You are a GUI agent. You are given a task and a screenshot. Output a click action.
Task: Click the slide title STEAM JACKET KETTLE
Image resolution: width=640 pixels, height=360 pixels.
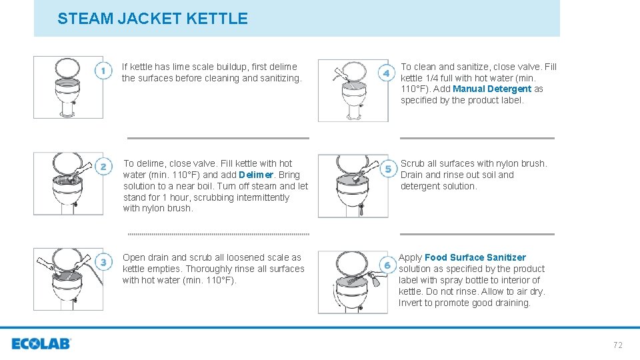[x=152, y=19]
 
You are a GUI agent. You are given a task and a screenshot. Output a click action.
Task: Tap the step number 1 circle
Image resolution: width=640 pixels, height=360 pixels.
[x=103, y=71]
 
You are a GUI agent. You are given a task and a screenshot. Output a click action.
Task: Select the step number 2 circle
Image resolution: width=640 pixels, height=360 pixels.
[x=103, y=167]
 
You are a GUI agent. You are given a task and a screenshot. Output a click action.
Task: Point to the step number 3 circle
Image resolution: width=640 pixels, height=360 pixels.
[x=103, y=262]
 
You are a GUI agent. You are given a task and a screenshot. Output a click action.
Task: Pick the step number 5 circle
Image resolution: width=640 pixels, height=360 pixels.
[x=388, y=169]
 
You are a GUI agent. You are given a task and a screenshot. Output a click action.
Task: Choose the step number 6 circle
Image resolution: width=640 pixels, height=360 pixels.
[x=387, y=265]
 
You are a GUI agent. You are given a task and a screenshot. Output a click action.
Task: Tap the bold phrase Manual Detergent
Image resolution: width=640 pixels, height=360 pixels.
[x=492, y=89]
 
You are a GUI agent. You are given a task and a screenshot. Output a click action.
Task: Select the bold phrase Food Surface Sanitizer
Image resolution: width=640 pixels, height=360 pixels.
[x=475, y=257]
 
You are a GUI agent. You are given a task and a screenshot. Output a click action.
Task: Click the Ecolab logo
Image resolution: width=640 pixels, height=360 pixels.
[x=41, y=344]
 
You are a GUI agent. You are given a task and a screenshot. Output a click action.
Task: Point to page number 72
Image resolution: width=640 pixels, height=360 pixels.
[x=617, y=345]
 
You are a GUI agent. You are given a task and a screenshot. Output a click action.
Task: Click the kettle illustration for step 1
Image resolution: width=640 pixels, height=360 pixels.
[x=68, y=87]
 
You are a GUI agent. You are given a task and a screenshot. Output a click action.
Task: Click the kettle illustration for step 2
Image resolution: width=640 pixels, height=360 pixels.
[x=68, y=183]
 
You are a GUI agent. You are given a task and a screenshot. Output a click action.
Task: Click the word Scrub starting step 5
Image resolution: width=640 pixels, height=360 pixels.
[x=413, y=163]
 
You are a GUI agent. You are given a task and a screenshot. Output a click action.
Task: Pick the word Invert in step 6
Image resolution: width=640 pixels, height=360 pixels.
[x=411, y=303]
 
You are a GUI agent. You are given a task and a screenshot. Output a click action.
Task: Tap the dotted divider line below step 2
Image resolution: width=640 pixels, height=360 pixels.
[x=218, y=234]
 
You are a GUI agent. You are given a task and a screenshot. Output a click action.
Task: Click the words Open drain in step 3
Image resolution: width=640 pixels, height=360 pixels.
[x=145, y=257]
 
